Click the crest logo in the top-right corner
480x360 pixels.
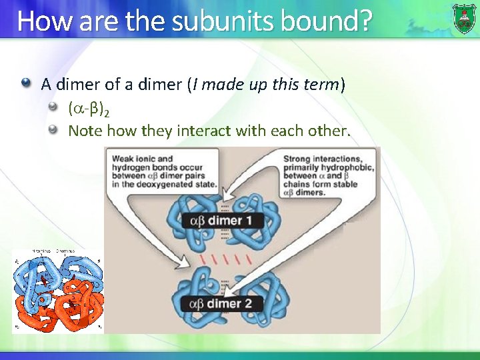pos(465,18)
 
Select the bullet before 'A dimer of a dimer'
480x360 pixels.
pos(26,84)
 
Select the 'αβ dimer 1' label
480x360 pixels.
pos(224,221)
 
